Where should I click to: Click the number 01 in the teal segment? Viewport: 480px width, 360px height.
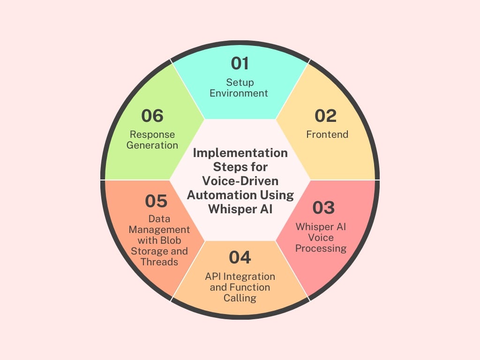[240, 63]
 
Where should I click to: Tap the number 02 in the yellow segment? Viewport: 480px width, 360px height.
[325, 116]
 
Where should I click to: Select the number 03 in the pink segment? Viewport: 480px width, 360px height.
[323, 208]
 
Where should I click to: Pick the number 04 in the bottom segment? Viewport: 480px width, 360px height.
[240, 257]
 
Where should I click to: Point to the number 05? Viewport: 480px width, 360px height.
[156, 201]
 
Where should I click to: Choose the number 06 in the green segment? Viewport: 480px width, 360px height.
[152, 116]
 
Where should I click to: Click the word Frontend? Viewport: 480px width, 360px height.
[327, 135]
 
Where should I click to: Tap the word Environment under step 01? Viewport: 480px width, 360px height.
[239, 93]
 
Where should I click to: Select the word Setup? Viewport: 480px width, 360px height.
[240, 82]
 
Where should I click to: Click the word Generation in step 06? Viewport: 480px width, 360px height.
[152, 145]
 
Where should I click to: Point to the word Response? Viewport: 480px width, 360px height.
[152, 135]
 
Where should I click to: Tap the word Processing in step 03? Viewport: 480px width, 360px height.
[321, 248]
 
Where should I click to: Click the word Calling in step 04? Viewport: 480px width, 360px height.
[240, 298]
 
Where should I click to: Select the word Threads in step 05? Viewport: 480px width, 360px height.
[159, 262]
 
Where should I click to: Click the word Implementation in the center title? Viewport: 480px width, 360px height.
[240, 153]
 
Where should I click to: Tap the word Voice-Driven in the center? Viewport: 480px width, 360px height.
[240, 181]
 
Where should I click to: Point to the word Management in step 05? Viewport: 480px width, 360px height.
[159, 230]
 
